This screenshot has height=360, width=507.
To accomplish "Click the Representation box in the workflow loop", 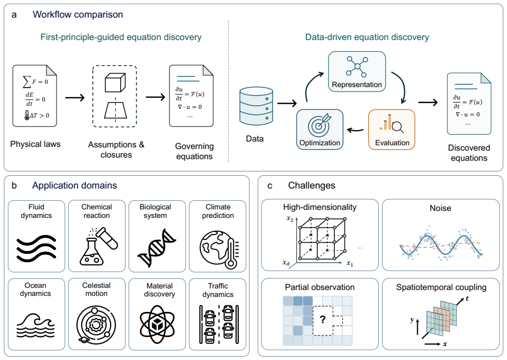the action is tap(357, 71).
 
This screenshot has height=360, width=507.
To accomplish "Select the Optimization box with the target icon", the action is tap(320, 129).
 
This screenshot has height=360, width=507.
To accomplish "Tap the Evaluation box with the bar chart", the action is tap(392, 129).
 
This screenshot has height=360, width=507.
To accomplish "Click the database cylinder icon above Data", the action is tap(256, 106).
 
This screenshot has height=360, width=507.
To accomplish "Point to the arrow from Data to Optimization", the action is tap(287, 104).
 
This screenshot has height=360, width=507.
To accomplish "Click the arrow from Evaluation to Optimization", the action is tap(355, 130).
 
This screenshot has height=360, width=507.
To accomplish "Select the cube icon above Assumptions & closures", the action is tap(115, 83).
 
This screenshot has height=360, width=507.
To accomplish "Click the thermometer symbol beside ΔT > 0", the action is tap(27, 115).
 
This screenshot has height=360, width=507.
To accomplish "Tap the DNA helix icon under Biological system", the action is tap(157, 247).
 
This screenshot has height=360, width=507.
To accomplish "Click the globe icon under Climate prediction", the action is tap(219, 249).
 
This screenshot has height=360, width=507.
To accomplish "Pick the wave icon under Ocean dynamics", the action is tap(36, 325).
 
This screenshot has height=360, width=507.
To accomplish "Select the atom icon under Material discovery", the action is tap(157, 324).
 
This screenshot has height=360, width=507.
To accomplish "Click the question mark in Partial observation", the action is tap(322, 319).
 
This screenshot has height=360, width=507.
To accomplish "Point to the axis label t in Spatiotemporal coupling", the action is tap(467, 298).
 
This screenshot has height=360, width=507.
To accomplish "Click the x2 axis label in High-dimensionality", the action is tap(290, 219).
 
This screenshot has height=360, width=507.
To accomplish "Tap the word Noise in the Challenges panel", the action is tap(440, 208).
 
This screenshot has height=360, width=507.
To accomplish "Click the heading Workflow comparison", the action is tap(78, 14).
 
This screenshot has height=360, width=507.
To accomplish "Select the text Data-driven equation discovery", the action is tap(367, 37).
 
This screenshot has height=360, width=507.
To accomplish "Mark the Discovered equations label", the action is tap(469, 153).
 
